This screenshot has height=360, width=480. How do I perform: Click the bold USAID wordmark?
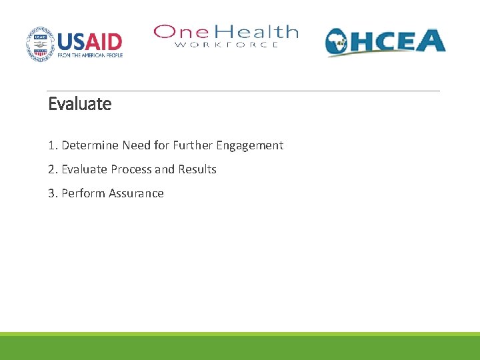[90, 41]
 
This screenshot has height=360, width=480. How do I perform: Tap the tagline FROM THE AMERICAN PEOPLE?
[90, 55]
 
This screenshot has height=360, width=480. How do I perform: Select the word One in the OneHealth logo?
[176, 32]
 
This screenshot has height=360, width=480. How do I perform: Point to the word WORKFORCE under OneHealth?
[227, 45]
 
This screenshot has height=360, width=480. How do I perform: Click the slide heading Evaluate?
[80, 104]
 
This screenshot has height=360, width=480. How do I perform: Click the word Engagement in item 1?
[249, 145]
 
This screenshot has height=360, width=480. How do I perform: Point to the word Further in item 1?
[193, 145]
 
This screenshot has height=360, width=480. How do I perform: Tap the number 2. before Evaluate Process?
[53, 169]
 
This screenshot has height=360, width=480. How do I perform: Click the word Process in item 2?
[131, 169]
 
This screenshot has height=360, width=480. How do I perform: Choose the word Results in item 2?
[196, 169]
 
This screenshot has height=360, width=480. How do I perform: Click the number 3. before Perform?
[53, 193]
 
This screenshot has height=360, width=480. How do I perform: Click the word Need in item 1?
[135, 145]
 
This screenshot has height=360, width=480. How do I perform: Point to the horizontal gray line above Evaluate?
[243, 91]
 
